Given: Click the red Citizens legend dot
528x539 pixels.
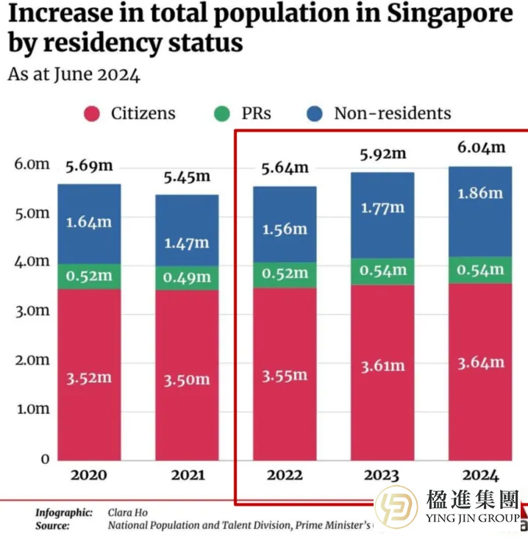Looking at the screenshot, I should point(91,114).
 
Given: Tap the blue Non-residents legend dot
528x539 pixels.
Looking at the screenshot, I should point(315,114).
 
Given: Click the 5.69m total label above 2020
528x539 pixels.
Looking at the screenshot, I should point(88,166).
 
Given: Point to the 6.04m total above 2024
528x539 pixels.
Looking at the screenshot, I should point(482,147).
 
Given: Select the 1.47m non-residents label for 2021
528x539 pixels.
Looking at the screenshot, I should point(186,243).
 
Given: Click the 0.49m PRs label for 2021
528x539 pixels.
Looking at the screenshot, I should point(186,277).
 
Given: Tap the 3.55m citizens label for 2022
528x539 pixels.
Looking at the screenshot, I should point(284,375).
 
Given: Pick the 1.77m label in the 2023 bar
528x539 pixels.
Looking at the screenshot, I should point(382,208).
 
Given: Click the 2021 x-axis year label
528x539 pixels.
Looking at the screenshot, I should point(188,475).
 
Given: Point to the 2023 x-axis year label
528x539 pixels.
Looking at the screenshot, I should point(382,475).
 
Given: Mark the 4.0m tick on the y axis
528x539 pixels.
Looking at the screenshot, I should point(32,262).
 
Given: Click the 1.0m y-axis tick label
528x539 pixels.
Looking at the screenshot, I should point(32,409).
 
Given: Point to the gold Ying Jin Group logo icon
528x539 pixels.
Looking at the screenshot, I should point(396,511).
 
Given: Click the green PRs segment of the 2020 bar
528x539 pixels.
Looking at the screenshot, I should point(88,276).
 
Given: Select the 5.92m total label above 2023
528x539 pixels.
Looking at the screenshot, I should point(382,154).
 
